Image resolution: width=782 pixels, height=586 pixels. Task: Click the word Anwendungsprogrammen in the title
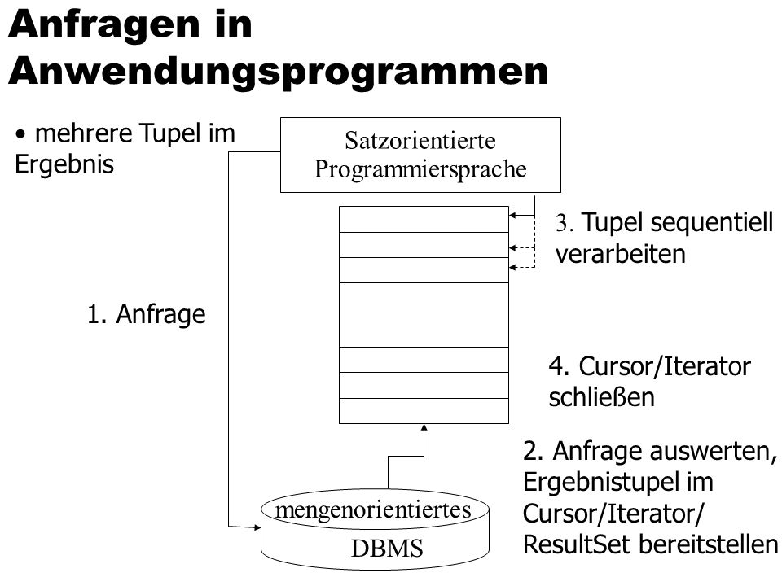tap(279, 72)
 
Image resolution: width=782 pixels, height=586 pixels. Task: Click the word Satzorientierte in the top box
tap(420, 141)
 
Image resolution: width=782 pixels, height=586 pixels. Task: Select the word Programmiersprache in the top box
tap(420, 169)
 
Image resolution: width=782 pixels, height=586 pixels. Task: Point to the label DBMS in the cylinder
tap(387, 549)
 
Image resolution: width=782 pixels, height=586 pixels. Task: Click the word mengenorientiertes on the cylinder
tap(373, 510)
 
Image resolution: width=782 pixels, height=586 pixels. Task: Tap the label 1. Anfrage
tap(146, 315)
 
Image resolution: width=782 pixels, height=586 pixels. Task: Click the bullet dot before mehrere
tap(20, 134)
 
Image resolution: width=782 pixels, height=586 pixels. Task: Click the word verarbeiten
tap(621, 254)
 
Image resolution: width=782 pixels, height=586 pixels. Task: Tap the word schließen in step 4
tap(601, 398)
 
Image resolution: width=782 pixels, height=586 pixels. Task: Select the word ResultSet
tap(573, 544)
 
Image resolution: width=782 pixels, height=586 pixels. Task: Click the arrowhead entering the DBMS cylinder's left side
tap(257, 527)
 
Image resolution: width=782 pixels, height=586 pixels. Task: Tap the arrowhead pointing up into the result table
tap(424, 427)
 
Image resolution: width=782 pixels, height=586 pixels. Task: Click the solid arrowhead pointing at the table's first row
tap(512, 216)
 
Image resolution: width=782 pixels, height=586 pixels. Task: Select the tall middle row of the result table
tap(424, 315)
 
